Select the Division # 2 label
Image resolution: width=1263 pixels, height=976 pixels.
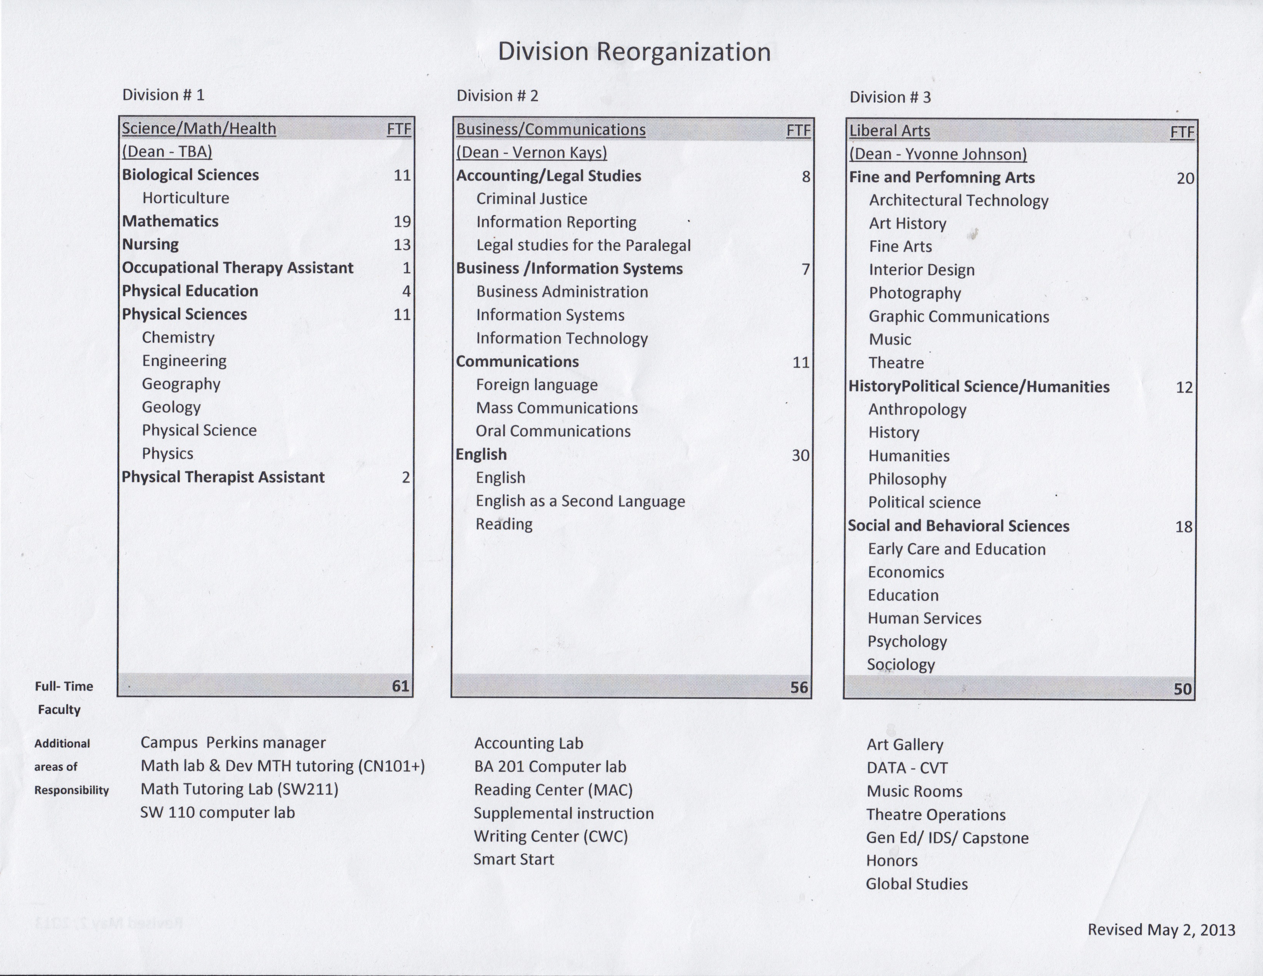pos(497,96)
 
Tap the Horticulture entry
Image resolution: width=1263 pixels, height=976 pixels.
pos(186,198)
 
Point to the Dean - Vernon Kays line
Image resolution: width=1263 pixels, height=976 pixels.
pos(532,153)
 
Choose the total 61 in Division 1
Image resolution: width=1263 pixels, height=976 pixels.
pos(400,686)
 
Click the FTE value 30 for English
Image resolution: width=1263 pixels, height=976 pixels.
pos(800,455)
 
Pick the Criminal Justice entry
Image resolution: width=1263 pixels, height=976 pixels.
pos(532,199)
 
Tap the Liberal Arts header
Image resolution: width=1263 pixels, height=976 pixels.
pos(889,131)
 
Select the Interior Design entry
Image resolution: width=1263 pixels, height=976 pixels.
pos(921,270)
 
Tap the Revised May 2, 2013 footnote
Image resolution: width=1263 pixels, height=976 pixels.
pos(1161,930)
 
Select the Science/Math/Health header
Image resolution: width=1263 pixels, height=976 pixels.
pos(199,128)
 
